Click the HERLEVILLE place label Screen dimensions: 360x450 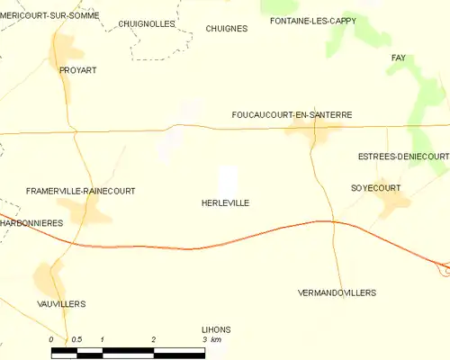click(225, 203)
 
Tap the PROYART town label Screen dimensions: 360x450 click(77, 69)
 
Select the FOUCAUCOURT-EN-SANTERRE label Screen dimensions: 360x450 click(291, 115)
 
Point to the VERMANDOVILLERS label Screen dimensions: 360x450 click(337, 293)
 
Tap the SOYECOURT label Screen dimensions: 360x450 click(375, 188)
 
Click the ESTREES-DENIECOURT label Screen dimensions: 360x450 click(402, 156)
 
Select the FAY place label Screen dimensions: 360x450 click(398, 58)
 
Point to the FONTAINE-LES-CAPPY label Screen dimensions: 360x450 click(307, 20)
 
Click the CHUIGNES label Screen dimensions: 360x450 click(226, 29)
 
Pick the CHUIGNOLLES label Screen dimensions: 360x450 click(146, 24)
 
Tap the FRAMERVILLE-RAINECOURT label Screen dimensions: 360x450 click(80, 191)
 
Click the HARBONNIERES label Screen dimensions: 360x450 click(31, 222)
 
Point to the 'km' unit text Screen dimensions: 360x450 click(218, 339)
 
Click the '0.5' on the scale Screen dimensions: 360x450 click(76, 339)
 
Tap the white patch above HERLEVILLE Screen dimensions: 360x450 click(229, 177)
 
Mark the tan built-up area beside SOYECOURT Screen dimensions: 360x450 click(392, 205)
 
